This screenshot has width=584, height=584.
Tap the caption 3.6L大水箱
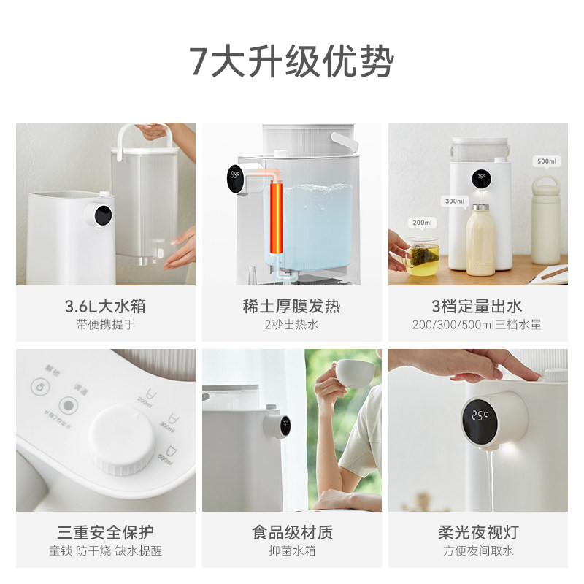coord(106,306)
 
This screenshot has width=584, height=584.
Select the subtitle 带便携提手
coord(106,325)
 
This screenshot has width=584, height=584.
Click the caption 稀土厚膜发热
coord(292,306)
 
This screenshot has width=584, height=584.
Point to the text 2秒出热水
coord(292,325)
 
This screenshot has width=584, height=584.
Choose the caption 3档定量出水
coord(478,306)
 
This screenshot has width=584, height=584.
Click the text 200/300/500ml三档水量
coord(478,325)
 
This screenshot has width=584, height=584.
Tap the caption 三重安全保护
coord(106,532)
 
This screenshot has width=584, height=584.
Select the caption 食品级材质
coord(292,532)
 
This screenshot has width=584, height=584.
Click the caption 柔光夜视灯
coord(478,532)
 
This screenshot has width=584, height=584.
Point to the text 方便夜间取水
coord(478,551)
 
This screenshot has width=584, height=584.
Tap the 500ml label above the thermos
coord(547,161)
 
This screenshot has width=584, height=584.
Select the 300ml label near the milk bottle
coord(454,201)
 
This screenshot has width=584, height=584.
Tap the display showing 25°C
coord(480,418)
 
